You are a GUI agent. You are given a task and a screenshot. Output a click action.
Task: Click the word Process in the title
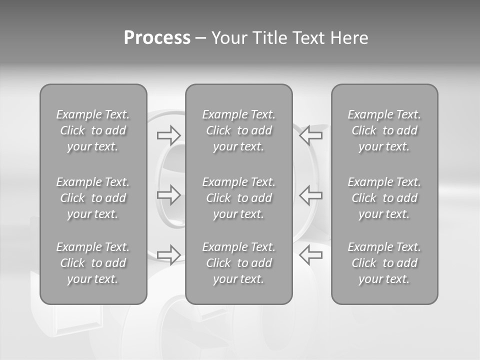point(157,37)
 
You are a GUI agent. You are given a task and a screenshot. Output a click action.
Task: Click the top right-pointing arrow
point(168,134)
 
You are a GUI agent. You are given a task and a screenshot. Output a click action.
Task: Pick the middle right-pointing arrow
point(168,194)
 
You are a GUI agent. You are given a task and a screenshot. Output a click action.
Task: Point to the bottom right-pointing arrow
point(168,254)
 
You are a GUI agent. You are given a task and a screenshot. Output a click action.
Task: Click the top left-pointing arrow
point(311,134)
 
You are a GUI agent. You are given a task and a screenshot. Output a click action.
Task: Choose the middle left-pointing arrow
point(311,194)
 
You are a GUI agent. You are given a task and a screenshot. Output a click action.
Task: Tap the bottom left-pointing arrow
point(311,254)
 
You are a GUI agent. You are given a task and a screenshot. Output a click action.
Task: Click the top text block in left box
point(93,130)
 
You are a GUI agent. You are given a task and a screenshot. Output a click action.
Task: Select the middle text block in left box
point(93,198)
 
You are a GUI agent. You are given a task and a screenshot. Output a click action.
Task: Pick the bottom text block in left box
point(93,263)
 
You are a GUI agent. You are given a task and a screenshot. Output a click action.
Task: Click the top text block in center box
point(239,130)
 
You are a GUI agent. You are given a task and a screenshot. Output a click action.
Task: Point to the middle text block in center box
point(239,198)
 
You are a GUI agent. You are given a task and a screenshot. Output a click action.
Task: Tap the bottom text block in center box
point(239,263)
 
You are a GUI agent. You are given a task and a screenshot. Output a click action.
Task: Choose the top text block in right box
point(384,130)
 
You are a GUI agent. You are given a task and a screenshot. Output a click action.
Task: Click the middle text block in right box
point(384,198)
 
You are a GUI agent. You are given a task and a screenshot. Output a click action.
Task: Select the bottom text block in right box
point(384,263)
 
